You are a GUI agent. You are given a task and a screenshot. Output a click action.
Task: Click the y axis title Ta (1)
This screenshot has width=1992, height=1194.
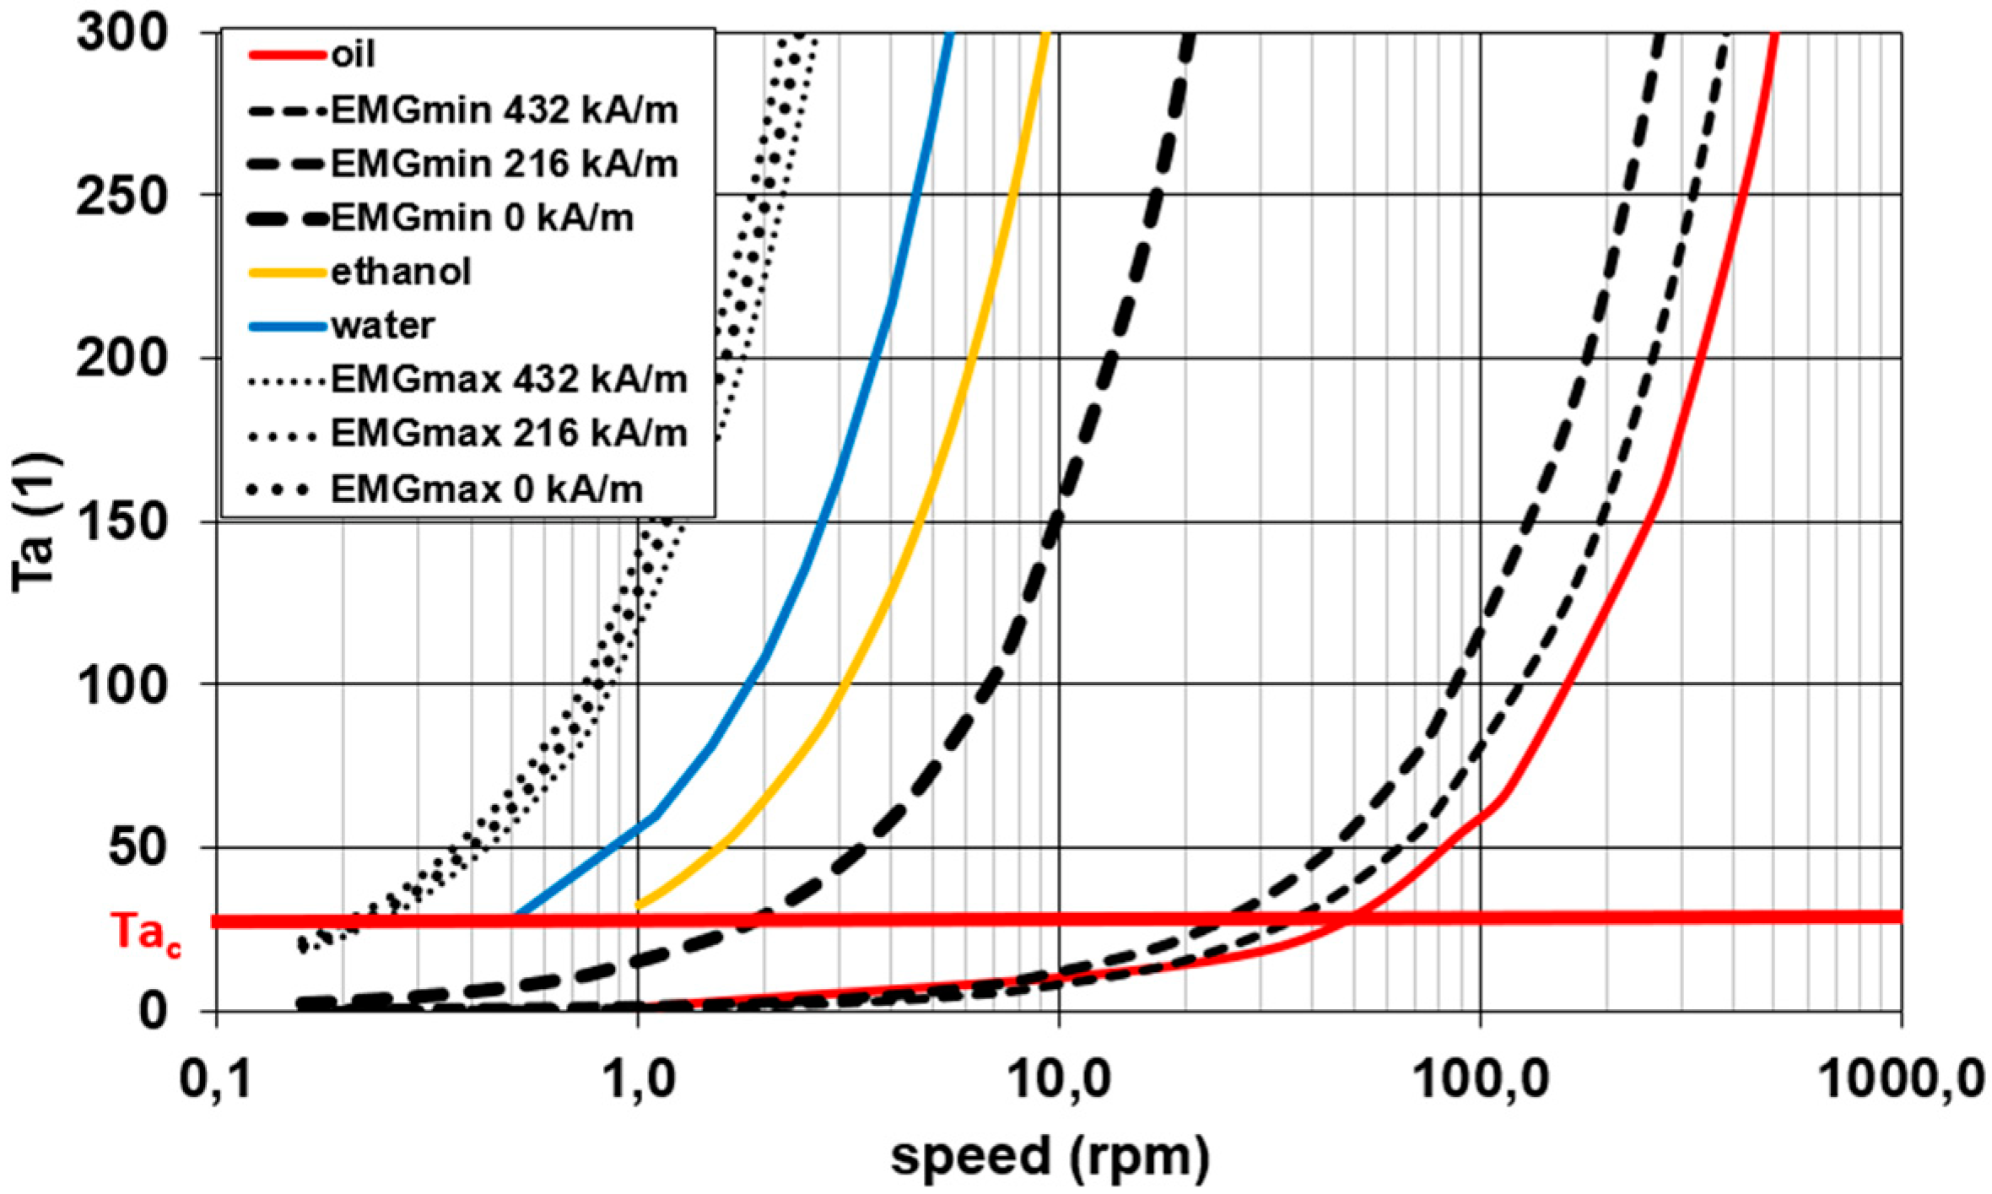(35, 523)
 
